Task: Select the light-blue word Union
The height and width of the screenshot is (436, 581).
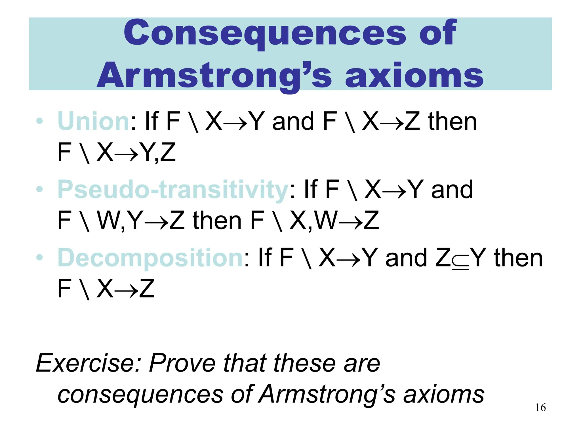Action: tap(94, 121)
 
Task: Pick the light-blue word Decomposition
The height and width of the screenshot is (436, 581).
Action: tap(150, 258)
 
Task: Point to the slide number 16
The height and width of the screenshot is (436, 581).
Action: tap(540, 408)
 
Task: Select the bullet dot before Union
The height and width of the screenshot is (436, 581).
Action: tap(40, 121)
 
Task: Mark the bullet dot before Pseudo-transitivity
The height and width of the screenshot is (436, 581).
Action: tap(40, 189)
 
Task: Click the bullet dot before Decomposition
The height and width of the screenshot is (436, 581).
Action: tap(40, 257)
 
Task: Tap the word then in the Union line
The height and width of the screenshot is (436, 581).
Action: tap(452, 121)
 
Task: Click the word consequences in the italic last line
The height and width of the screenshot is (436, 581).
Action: tap(140, 394)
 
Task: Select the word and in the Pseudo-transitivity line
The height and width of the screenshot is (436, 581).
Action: tap(452, 190)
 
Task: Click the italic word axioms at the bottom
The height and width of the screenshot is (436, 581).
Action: tap(444, 394)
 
